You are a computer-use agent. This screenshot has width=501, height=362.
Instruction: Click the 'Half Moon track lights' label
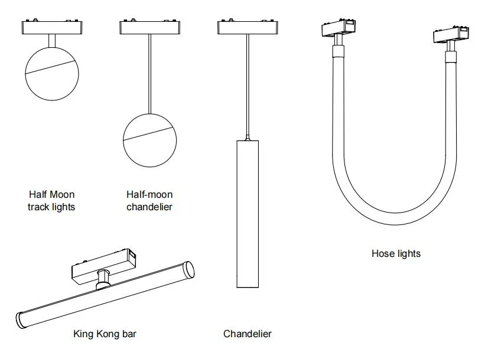tap(51, 201)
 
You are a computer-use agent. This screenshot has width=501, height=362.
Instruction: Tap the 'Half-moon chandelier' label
tap(149, 201)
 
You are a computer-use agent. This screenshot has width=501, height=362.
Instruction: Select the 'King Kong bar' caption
tap(105, 334)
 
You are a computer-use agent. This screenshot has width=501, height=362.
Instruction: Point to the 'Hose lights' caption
tap(396, 253)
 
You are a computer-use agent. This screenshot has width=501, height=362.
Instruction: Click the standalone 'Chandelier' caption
tap(248, 334)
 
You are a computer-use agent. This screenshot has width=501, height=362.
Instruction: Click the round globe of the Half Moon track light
tap(52, 74)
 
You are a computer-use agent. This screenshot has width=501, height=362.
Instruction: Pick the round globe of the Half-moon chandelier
tap(150, 141)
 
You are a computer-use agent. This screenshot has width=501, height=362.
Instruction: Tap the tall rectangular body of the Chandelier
tap(248, 214)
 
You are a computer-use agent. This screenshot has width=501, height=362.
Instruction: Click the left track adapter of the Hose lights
tap(339, 28)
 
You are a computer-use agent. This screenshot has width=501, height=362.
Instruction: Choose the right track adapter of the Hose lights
tap(451, 34)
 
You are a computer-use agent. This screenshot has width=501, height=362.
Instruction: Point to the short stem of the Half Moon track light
tap(52, 41)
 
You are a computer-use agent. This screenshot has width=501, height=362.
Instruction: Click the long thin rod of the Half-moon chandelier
tap(149, 74)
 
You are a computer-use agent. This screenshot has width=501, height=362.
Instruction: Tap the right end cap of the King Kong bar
tap(189, 270)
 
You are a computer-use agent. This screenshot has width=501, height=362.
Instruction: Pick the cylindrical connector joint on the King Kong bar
tap(103, 279)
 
